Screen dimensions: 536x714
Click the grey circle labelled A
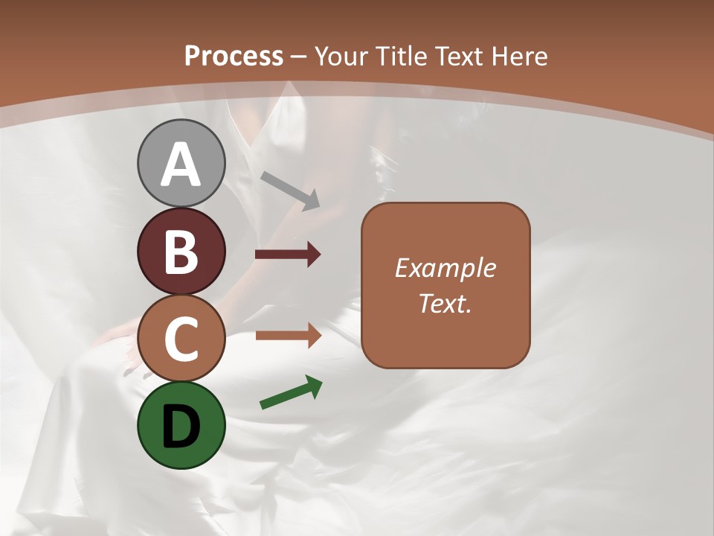click(x=181, y=163)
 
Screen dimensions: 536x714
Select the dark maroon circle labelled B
click(x=181, y=251)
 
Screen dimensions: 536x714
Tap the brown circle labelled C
click(x=181, y=339)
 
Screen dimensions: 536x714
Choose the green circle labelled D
click(x=181, y=425)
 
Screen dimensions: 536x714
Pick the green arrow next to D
click(x=291, y=392)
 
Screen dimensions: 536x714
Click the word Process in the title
click(x=234, y=56)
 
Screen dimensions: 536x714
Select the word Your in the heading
click(x=338, y=56)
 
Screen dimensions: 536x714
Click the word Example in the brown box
click(x=445, y=268)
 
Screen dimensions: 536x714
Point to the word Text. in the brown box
click(x=445, y=303)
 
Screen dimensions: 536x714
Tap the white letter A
click(x=181, y=165)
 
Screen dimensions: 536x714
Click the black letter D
click(x=181, y=427)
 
